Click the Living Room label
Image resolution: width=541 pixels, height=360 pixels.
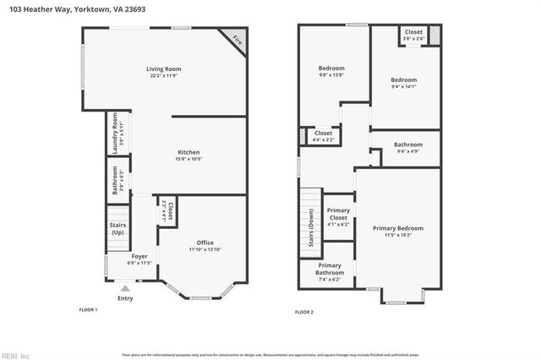click(164, 69)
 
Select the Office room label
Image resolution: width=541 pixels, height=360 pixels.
click(205, 243)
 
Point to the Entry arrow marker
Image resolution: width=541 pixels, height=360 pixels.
click(125, 288)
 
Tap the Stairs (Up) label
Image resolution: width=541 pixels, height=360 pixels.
click(117, 228)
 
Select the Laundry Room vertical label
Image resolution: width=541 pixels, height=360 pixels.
click(116, 131)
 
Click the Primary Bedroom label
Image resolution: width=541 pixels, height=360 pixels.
click(398, 228)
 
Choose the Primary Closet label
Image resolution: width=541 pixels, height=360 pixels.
click(338, 218)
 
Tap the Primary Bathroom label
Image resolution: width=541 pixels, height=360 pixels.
click(330, 269)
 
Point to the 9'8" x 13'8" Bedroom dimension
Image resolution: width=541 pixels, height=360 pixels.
click(331, 75)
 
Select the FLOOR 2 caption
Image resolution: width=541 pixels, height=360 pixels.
click(303, 312)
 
